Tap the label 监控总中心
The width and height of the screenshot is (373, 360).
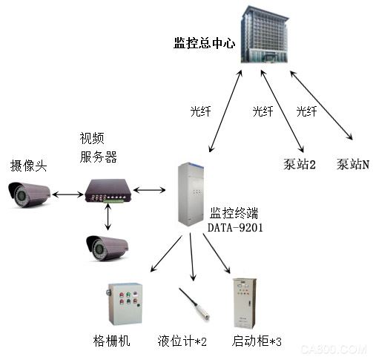tap(204, 43)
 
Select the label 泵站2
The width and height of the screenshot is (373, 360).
tap(300, 164)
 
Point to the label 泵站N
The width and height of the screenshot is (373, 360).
tap(353, 164)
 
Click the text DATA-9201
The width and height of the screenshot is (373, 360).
tap(235, 228)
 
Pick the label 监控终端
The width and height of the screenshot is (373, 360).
tap(234, 213)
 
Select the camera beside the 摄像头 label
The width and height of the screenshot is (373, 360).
tap(28, 194)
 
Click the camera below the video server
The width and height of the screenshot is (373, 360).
tap(107, 248)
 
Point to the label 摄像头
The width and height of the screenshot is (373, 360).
tap(28, 166)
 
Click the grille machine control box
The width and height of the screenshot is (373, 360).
tap(125, 304)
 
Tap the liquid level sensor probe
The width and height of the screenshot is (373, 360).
tap(194, 304)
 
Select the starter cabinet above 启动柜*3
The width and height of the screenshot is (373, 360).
tap(245, 304)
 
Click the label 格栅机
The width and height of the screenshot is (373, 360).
tap(111, 341)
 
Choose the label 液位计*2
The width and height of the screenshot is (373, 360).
tap(182, 341)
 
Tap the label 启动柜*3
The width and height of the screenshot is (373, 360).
tap(257, 341)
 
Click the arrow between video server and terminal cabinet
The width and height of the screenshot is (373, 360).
tap(149, 190)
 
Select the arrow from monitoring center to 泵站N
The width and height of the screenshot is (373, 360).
tap(321, 105)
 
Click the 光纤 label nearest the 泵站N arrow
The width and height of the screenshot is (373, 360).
tap(306, 111)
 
